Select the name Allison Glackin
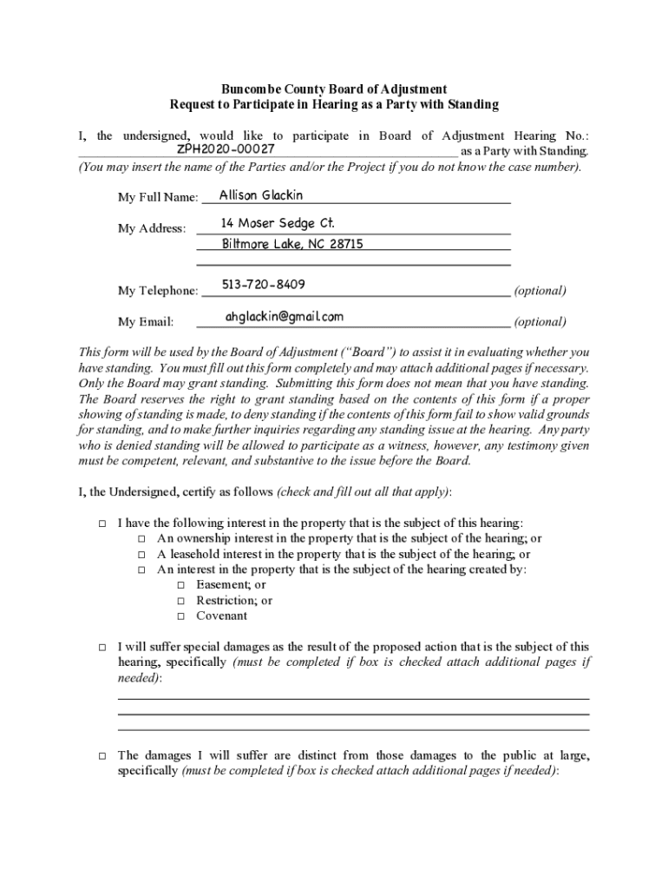261,195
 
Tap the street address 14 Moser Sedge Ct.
278,224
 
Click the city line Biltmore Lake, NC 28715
292,244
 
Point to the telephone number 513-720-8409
263,285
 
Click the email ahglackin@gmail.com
285,317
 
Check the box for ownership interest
141,539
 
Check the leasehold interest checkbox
141,555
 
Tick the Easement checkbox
180,586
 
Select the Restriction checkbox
180,601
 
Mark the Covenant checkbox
180,616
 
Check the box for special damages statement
102,648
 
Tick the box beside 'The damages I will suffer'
102,757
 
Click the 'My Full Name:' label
158,199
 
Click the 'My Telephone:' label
158,291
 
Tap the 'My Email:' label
146,322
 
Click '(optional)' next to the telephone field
540,291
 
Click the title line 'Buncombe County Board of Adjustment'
334,89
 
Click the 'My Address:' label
152,228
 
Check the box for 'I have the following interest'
102,524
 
